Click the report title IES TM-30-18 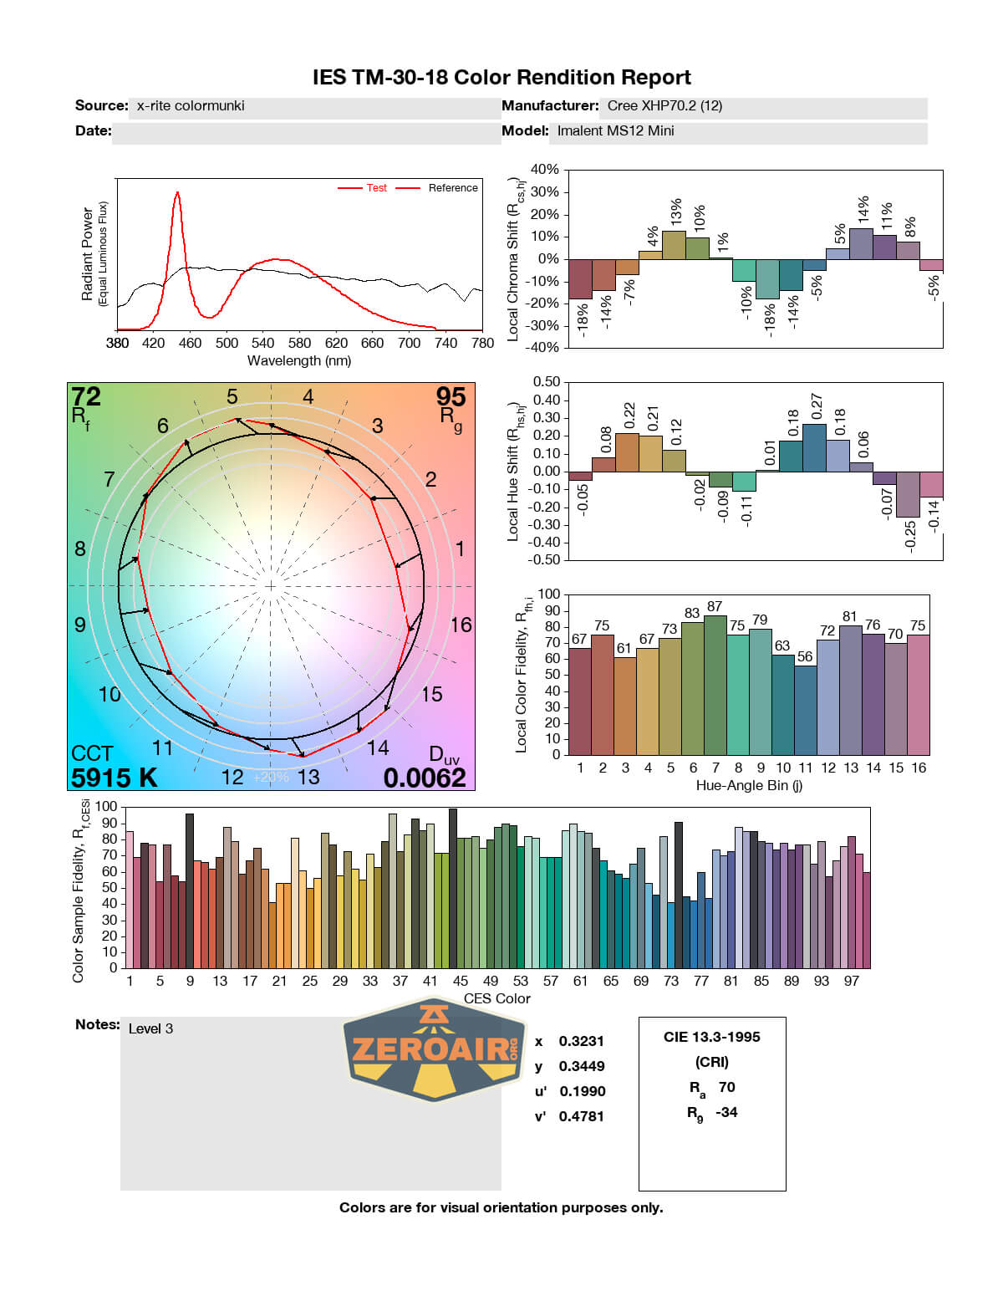coord(501,78)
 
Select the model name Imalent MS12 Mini coord(615,130)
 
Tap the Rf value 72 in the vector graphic coord(86,396)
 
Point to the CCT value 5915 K coord(114,778)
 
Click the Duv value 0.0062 coord(425,778)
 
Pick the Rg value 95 coord(451,396)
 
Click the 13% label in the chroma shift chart coord(676,212)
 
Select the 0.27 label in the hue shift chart coord(817,407)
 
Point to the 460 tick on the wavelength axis coord(190,343)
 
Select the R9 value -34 coord(726,1112)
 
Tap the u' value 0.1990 coord(583,1091)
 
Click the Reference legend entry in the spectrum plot coord(453,188)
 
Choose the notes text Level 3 coord(150,1028)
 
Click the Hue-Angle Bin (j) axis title coord(749,785)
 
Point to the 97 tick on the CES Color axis coord(851,981)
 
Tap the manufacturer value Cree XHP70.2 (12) coord(664,105)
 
